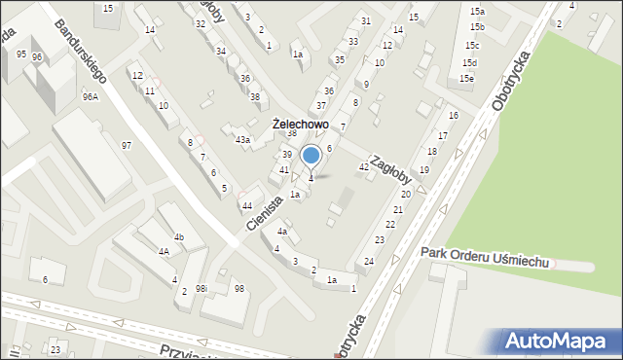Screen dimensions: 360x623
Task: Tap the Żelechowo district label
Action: tap(301, 126)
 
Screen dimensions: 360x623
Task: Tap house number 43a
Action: tap(242, 140)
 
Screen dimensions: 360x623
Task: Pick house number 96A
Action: tap(91, 97)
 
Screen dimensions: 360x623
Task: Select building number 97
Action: tap(127, 145)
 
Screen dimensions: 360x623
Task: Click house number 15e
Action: tap(468, 78)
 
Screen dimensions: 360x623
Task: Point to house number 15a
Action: tap(476, 10)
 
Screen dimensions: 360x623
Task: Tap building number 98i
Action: tap(202, 289)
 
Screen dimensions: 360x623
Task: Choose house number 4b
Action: tap(179, 237)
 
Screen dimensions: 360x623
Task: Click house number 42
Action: tap(364, 167)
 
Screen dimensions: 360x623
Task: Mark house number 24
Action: tap(369, 262)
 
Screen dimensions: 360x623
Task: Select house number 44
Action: tap(247, 205)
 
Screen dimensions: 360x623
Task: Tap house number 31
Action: tap(365, 20)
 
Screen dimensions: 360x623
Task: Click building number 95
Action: tap(21, 54)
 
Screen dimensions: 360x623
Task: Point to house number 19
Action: tap(423, 170)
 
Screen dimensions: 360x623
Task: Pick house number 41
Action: tap(283, 170)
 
